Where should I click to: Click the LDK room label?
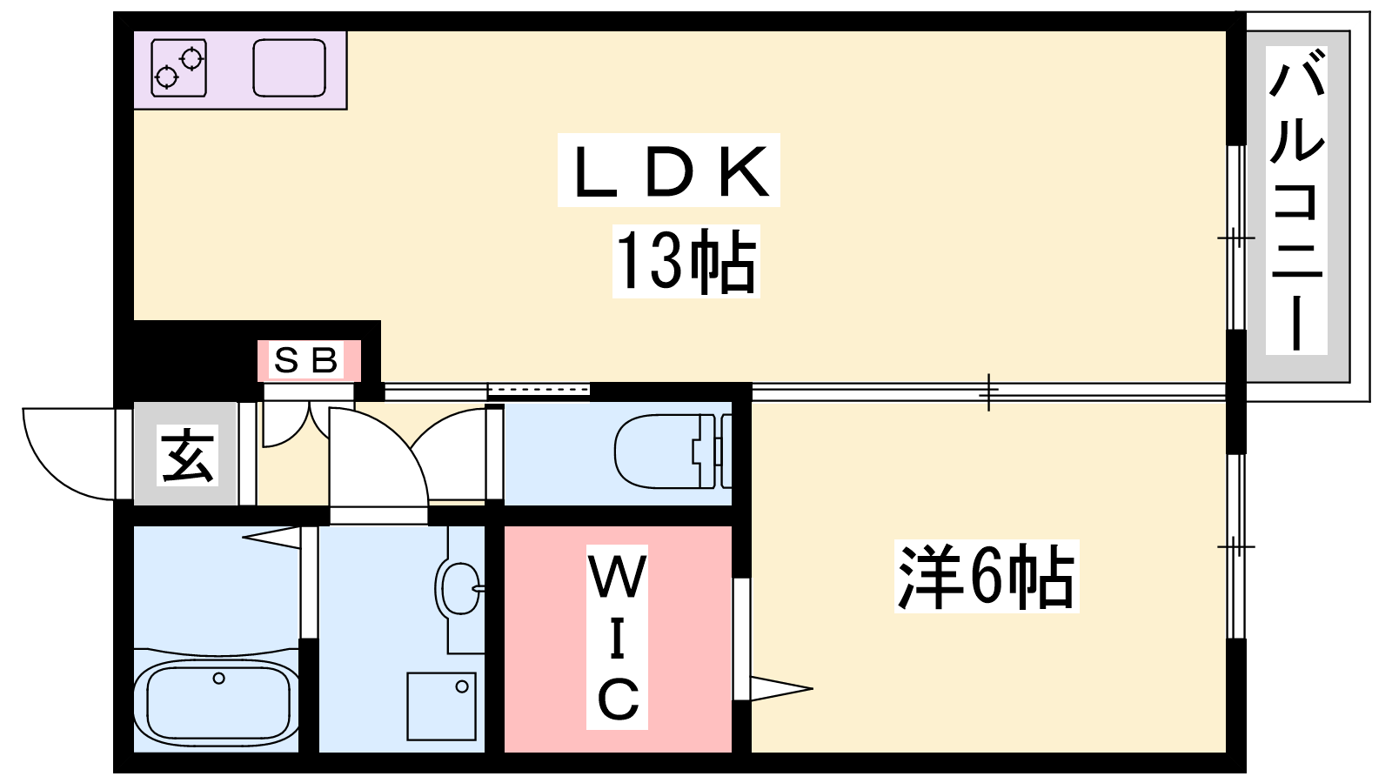669,171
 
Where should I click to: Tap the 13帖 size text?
686,260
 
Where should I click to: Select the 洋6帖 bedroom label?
987,576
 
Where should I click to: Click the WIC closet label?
617,637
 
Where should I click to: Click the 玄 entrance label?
187,456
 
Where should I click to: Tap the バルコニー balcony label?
1296,200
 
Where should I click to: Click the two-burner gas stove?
179,69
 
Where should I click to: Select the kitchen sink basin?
290,69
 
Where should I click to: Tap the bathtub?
217,702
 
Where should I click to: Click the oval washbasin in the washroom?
460,588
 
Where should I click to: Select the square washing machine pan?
442,706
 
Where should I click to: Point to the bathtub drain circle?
218,678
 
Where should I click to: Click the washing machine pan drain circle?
462,686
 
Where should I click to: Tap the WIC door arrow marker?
781,688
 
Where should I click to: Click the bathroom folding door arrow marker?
271,538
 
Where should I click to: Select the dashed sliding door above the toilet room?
539,390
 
